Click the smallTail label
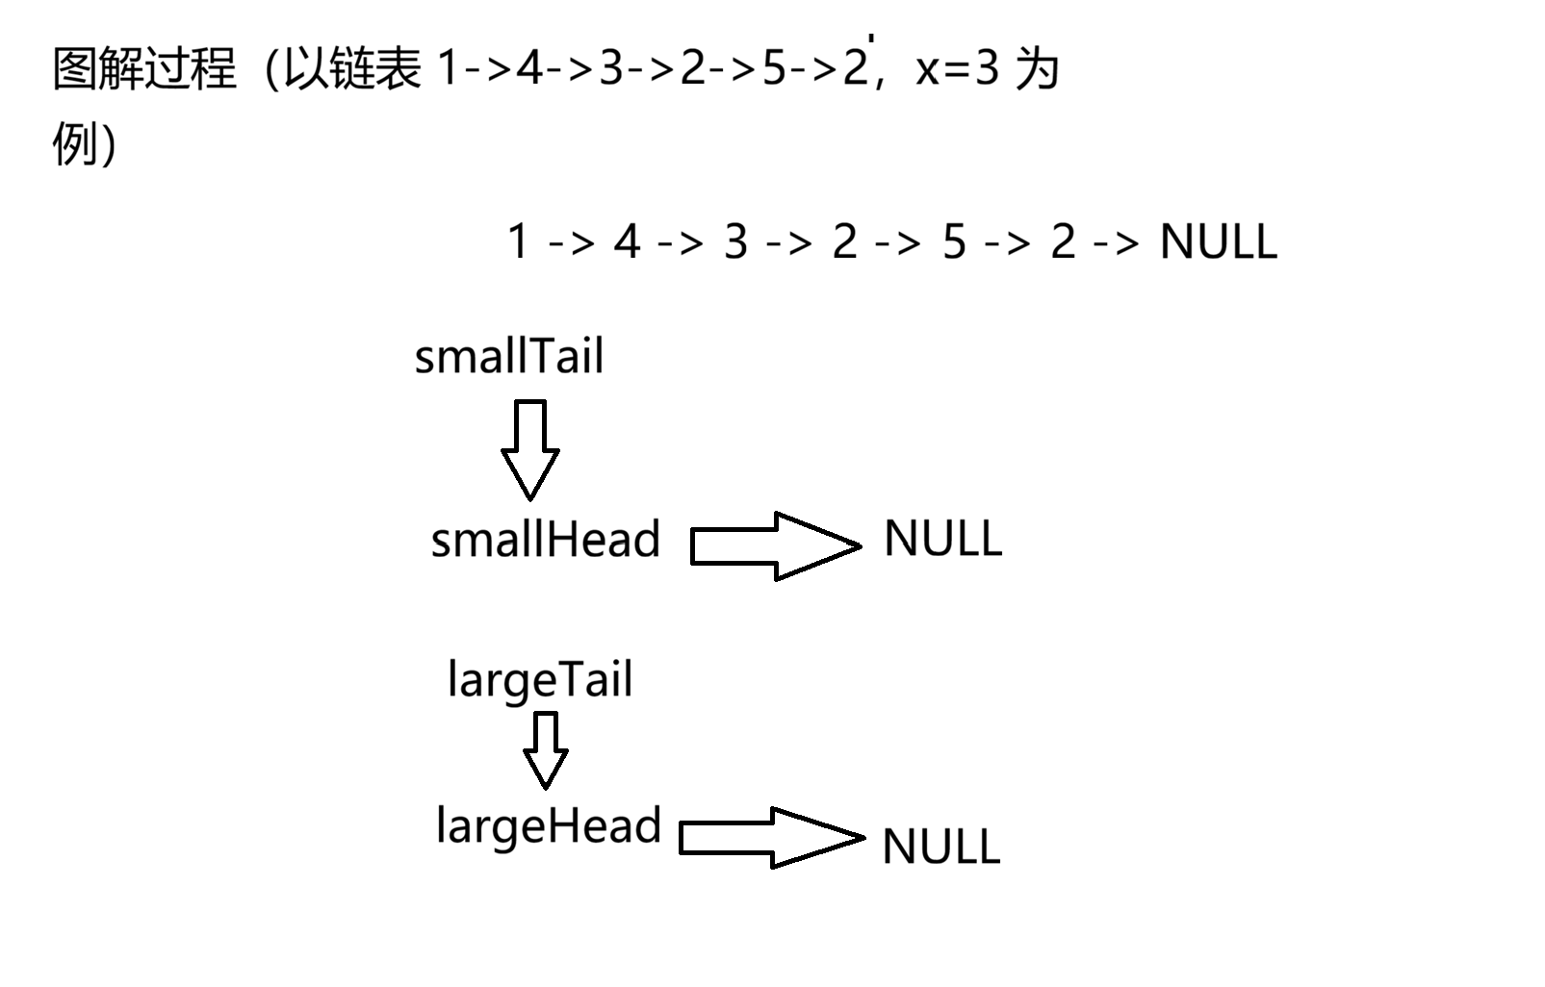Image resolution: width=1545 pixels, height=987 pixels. click(508, 357)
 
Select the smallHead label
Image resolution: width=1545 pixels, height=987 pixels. click(545, 539)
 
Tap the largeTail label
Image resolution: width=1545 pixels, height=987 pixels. click(540, 681)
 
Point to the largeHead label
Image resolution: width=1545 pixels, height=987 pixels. click(548, 826)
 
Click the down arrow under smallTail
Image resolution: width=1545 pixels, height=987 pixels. click(530, 449)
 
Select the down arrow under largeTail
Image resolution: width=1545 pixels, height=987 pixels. click(546, 749)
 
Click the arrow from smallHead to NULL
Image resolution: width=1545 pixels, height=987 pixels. click(775, 545)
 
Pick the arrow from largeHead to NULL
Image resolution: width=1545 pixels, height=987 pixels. click(771, 837)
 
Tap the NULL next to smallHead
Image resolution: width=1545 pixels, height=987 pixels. click(942, 539)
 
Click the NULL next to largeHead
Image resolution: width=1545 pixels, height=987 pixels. click(940, 848)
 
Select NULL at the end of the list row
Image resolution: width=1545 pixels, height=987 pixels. click(1218, 241)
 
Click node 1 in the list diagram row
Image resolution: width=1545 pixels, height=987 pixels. click(518, 241)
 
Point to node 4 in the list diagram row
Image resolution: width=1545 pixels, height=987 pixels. click(627, 241)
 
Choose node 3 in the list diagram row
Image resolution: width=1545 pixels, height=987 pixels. click(735, 241)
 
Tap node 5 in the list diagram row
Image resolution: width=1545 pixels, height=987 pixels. click(953, 241)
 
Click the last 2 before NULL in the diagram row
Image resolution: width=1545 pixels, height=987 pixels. click(1062, 241)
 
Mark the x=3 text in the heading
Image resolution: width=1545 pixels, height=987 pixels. click(957, 69)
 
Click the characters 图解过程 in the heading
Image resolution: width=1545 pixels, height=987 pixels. click(144, 69)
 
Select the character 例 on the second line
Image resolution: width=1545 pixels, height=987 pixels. click(74, 144)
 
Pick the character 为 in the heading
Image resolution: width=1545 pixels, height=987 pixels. click(1037, 69)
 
